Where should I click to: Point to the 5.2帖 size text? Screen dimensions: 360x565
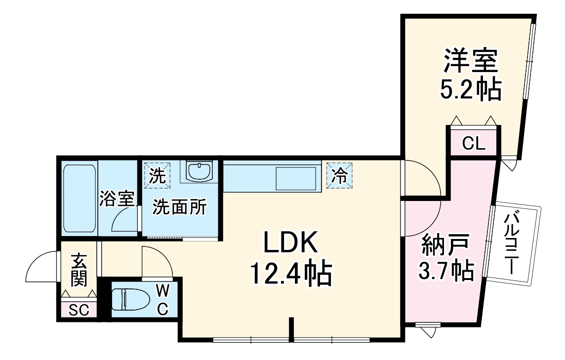pos(470,90)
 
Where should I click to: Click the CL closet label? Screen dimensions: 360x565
pos(474,144)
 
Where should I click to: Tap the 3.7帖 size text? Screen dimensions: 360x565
pos(446,271)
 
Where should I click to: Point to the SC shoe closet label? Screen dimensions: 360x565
pos(79,311)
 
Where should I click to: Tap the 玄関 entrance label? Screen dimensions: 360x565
pos(79,270)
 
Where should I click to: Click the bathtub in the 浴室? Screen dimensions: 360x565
pos(80,199)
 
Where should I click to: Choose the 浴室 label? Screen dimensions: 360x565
pos(117,200)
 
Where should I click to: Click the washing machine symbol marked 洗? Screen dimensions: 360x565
pos(157,175)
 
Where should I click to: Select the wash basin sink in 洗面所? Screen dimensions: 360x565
pos(199,171)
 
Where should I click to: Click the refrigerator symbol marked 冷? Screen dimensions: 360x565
pos(339,176)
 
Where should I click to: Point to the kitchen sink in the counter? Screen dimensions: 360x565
pos(296,178)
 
